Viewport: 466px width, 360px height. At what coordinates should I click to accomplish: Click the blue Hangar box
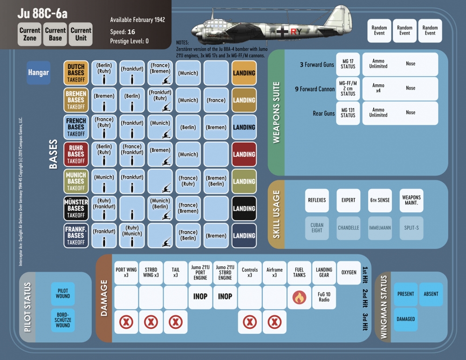pyautogui.click(x=39, y=73)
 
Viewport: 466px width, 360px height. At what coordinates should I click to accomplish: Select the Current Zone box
pyautogui.click(x=30, y=34)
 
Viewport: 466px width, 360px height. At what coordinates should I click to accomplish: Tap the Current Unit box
pyautogui.click(x=81, y=34)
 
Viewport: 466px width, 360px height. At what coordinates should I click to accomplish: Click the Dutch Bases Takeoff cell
pyautogui.click(x=76, y=73)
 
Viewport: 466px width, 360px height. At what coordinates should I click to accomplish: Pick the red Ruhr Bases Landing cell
pyautogui.click(x=244, y=154)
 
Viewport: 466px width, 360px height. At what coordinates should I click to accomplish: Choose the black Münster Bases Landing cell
pyautogui.click(x=244, y=208)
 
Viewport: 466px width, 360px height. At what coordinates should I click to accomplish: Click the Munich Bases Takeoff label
pyautogui.click(x=76, y=181)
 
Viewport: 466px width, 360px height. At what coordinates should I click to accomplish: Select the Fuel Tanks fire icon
pyautogui.click(x=299, y=298)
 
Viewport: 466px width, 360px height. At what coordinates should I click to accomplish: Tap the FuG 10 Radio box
pyautogui.click(x=324, y=297)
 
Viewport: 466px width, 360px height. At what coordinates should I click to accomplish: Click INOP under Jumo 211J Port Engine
pyautogui.click(x=200, y=297)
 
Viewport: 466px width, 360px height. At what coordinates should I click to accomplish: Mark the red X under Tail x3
pyautogui.click(x=175, y=322)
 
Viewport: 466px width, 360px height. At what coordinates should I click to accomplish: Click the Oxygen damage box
pyautogui.click(x=349, y=272)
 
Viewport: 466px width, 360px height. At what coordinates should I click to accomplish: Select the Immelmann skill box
pyautogui.click(x=380, y=228)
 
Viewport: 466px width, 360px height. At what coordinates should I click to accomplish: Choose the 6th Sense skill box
pyautogui.click(x=380, y=200)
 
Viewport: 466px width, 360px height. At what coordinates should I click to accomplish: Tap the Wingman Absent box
pyautogui.click(x=431, y=294)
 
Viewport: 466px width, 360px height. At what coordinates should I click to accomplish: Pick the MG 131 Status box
pyautogui.click(x=348, y=113)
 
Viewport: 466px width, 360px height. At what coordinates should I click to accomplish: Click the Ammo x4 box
pyautogui.click(x=378, y=88)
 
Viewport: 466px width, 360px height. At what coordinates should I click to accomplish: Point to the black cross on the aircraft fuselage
pyautogui.click(x=282, y=32)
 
